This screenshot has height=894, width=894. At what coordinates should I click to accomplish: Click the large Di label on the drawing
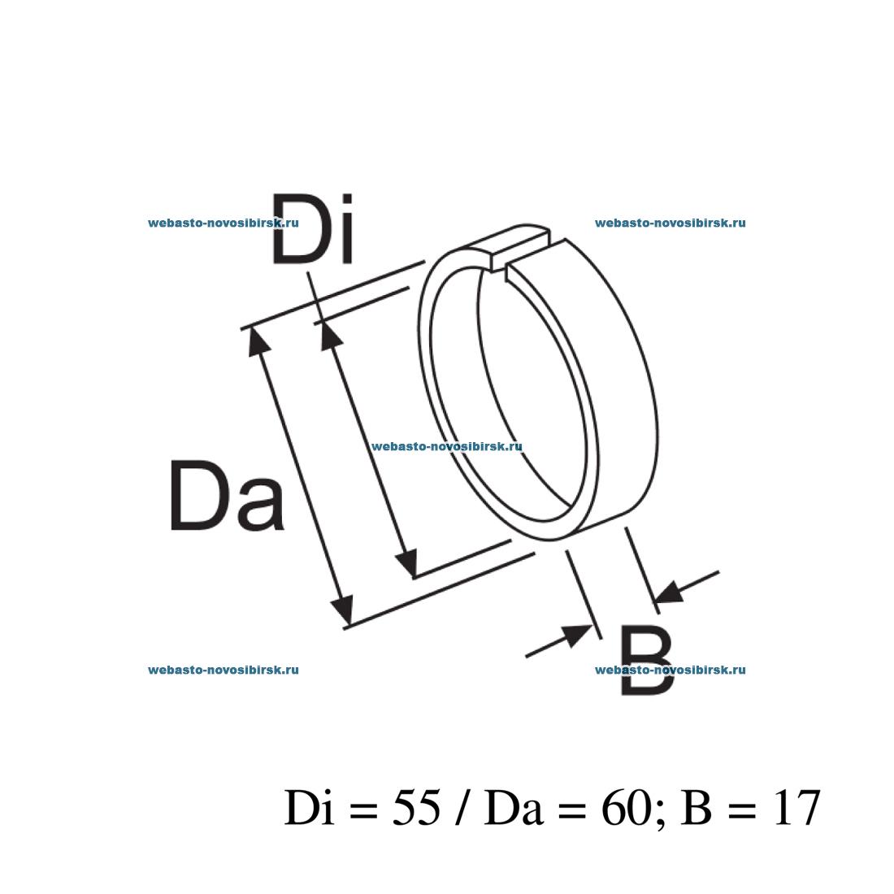312,228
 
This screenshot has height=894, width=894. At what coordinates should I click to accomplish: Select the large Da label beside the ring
227,496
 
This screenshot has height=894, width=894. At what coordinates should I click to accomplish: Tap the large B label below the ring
647,660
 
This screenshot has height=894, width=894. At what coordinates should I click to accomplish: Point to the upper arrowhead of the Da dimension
258,341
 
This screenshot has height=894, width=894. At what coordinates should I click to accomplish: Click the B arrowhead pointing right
577,634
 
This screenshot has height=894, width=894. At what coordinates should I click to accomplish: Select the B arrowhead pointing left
670,592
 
